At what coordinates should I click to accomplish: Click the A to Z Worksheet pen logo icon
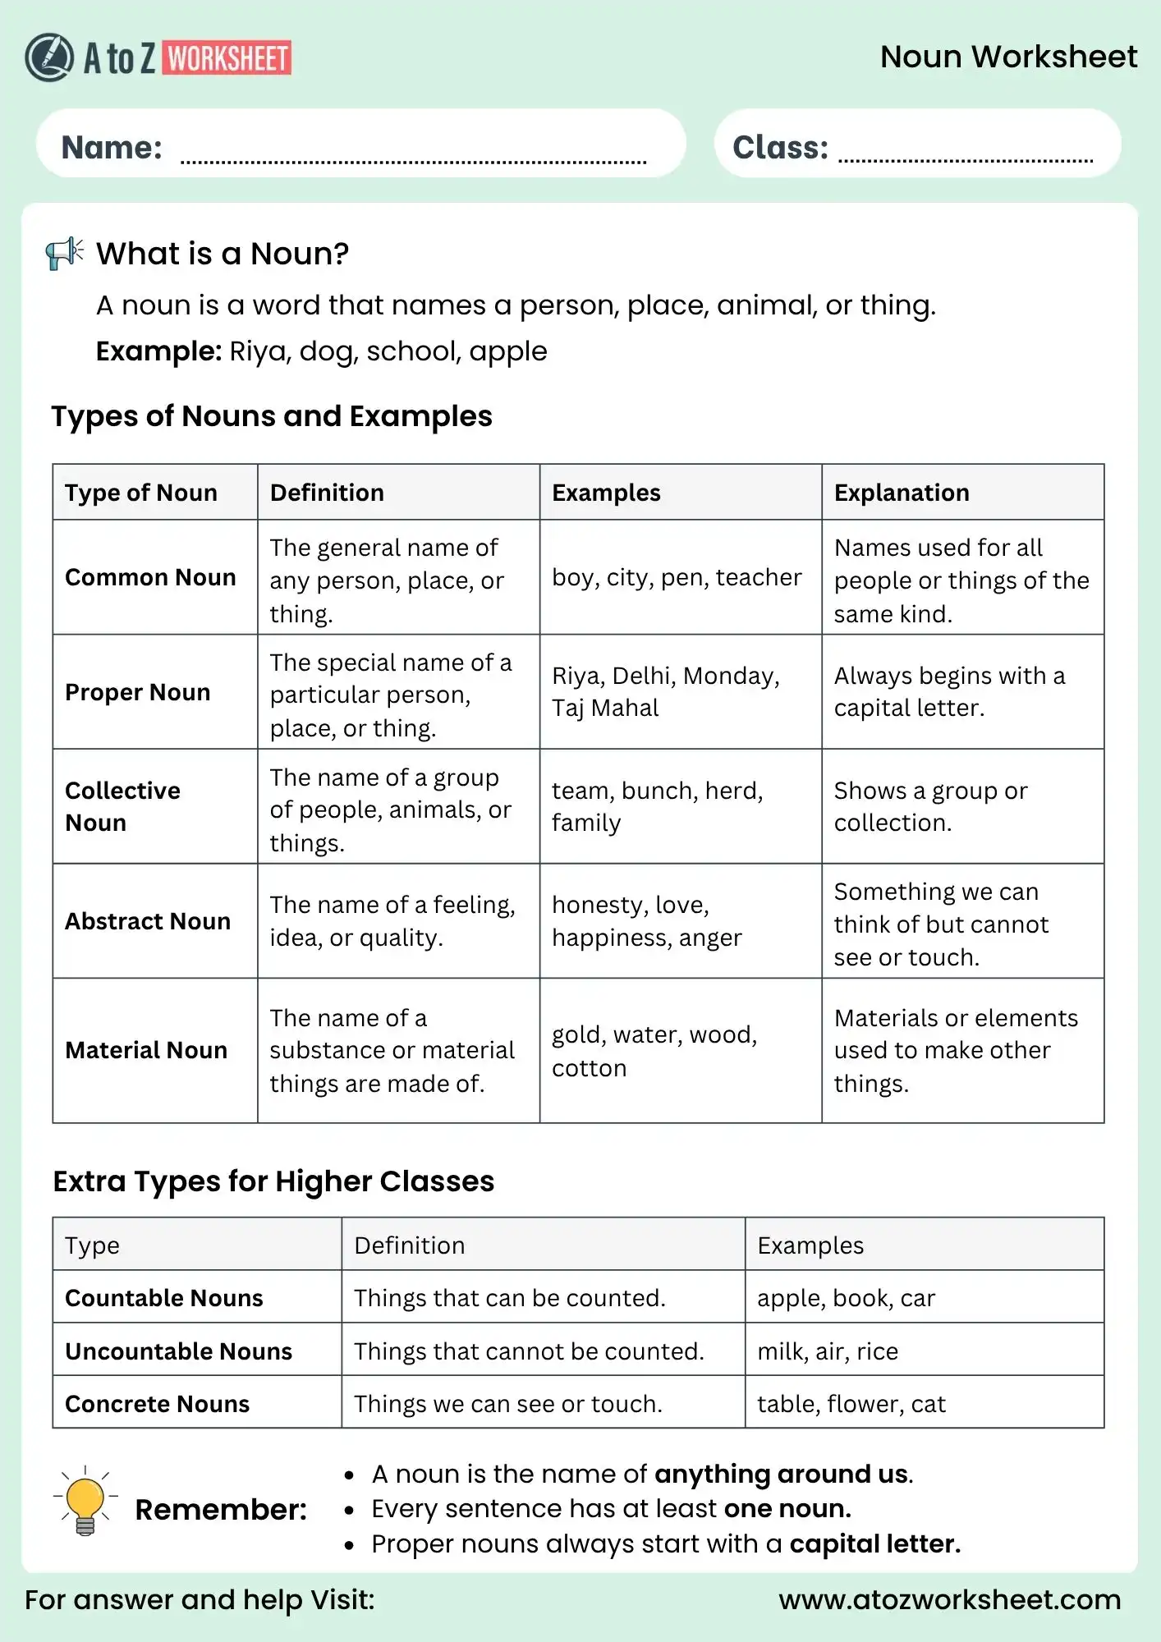point(49,57)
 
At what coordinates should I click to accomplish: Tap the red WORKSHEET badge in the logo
point(227,58)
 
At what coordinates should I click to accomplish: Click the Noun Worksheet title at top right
point(1008,57)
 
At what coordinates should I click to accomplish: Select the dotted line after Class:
point(965,160)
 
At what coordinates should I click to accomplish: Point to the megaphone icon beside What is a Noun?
point(65,253)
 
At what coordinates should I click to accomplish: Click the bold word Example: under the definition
point(158,351)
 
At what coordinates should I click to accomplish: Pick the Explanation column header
point(902,493)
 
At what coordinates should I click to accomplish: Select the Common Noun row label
point(150,577)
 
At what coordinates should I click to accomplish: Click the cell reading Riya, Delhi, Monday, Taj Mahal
point(665,691)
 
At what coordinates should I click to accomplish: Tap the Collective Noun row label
point(123,806)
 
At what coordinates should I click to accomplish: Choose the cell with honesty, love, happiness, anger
point(646,921)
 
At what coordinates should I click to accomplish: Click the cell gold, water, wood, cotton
point(654,1051)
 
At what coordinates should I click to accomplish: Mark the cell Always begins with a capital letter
point(948,691)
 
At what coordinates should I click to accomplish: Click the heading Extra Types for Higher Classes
point(273,1181)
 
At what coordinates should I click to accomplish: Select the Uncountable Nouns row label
point(178,1351)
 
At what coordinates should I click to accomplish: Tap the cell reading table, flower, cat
point(851,1404)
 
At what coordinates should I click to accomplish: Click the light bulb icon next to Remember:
point(85,1502)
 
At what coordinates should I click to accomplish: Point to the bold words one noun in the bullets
point(787,1509)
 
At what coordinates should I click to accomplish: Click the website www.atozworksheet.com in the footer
point(949,1600)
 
